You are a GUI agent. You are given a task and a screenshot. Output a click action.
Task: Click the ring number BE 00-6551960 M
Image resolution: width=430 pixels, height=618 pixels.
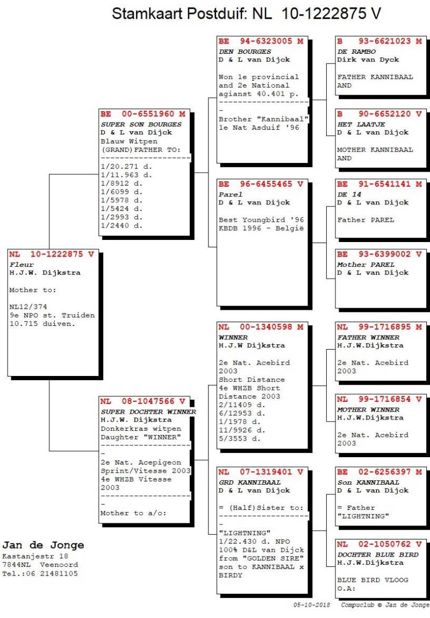point(144,114)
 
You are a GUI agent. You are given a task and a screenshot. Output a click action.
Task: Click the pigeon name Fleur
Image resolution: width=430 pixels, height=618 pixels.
point(21,265)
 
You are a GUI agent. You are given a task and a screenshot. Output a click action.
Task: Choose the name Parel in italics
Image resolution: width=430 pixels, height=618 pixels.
point(231,194)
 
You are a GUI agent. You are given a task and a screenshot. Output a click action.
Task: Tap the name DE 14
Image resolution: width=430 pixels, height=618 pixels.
point(349,194)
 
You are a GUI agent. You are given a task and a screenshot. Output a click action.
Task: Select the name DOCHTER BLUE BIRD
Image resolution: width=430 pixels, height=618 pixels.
point(378,555)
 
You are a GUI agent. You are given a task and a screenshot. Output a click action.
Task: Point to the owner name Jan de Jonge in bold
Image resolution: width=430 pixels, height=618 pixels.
point(43,545)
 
